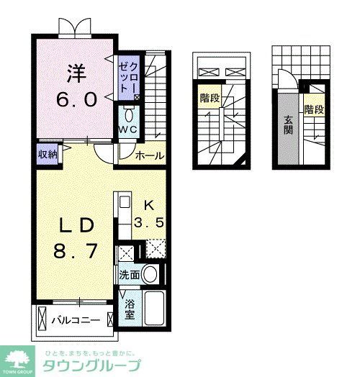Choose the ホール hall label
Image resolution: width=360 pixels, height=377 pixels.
[x=150, y=155]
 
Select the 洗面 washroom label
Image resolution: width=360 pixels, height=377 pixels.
[x=130, y=275]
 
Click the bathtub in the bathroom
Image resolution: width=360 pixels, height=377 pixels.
[x=156, y=309]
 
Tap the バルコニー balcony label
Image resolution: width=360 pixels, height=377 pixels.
[x=75, y=319]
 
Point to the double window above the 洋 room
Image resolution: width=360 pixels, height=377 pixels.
[x=76, y=26]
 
